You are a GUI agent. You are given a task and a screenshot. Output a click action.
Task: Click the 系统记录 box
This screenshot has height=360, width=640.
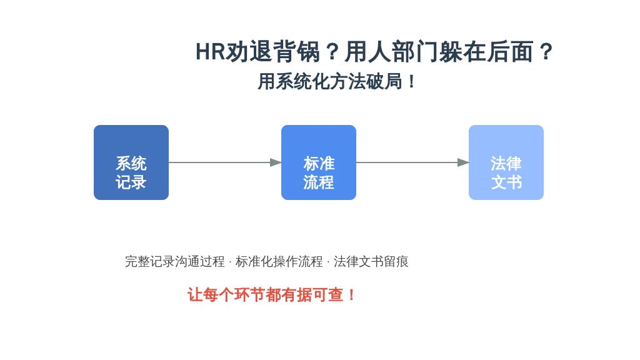point(131,162)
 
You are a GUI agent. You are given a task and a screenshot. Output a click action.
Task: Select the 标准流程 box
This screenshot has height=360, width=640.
point(318,162)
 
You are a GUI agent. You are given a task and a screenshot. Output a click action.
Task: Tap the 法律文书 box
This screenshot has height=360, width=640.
point(506,162)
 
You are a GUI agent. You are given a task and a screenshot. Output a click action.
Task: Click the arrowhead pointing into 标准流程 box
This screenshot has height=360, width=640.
point(276,162)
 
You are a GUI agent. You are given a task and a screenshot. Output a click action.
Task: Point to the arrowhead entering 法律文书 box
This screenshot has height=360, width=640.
point(463,162)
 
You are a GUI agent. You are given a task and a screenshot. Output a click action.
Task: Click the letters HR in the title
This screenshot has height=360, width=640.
point(210,52)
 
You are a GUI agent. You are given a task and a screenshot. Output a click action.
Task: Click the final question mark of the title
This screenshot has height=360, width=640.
point(546,52)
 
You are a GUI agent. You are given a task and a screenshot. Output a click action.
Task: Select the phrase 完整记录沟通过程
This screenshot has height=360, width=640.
point(175,261)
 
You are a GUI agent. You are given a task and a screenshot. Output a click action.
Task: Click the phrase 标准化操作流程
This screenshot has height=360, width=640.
point(279,261)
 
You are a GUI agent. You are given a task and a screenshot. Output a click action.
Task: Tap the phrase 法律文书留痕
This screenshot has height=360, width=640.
point(371,261)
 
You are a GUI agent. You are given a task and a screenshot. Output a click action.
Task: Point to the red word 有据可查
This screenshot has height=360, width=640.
point(312,295)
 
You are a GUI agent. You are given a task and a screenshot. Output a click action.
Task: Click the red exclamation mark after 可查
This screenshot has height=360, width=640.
point(351,295)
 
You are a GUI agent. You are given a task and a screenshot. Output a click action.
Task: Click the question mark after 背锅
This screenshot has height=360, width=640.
point(332,52)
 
